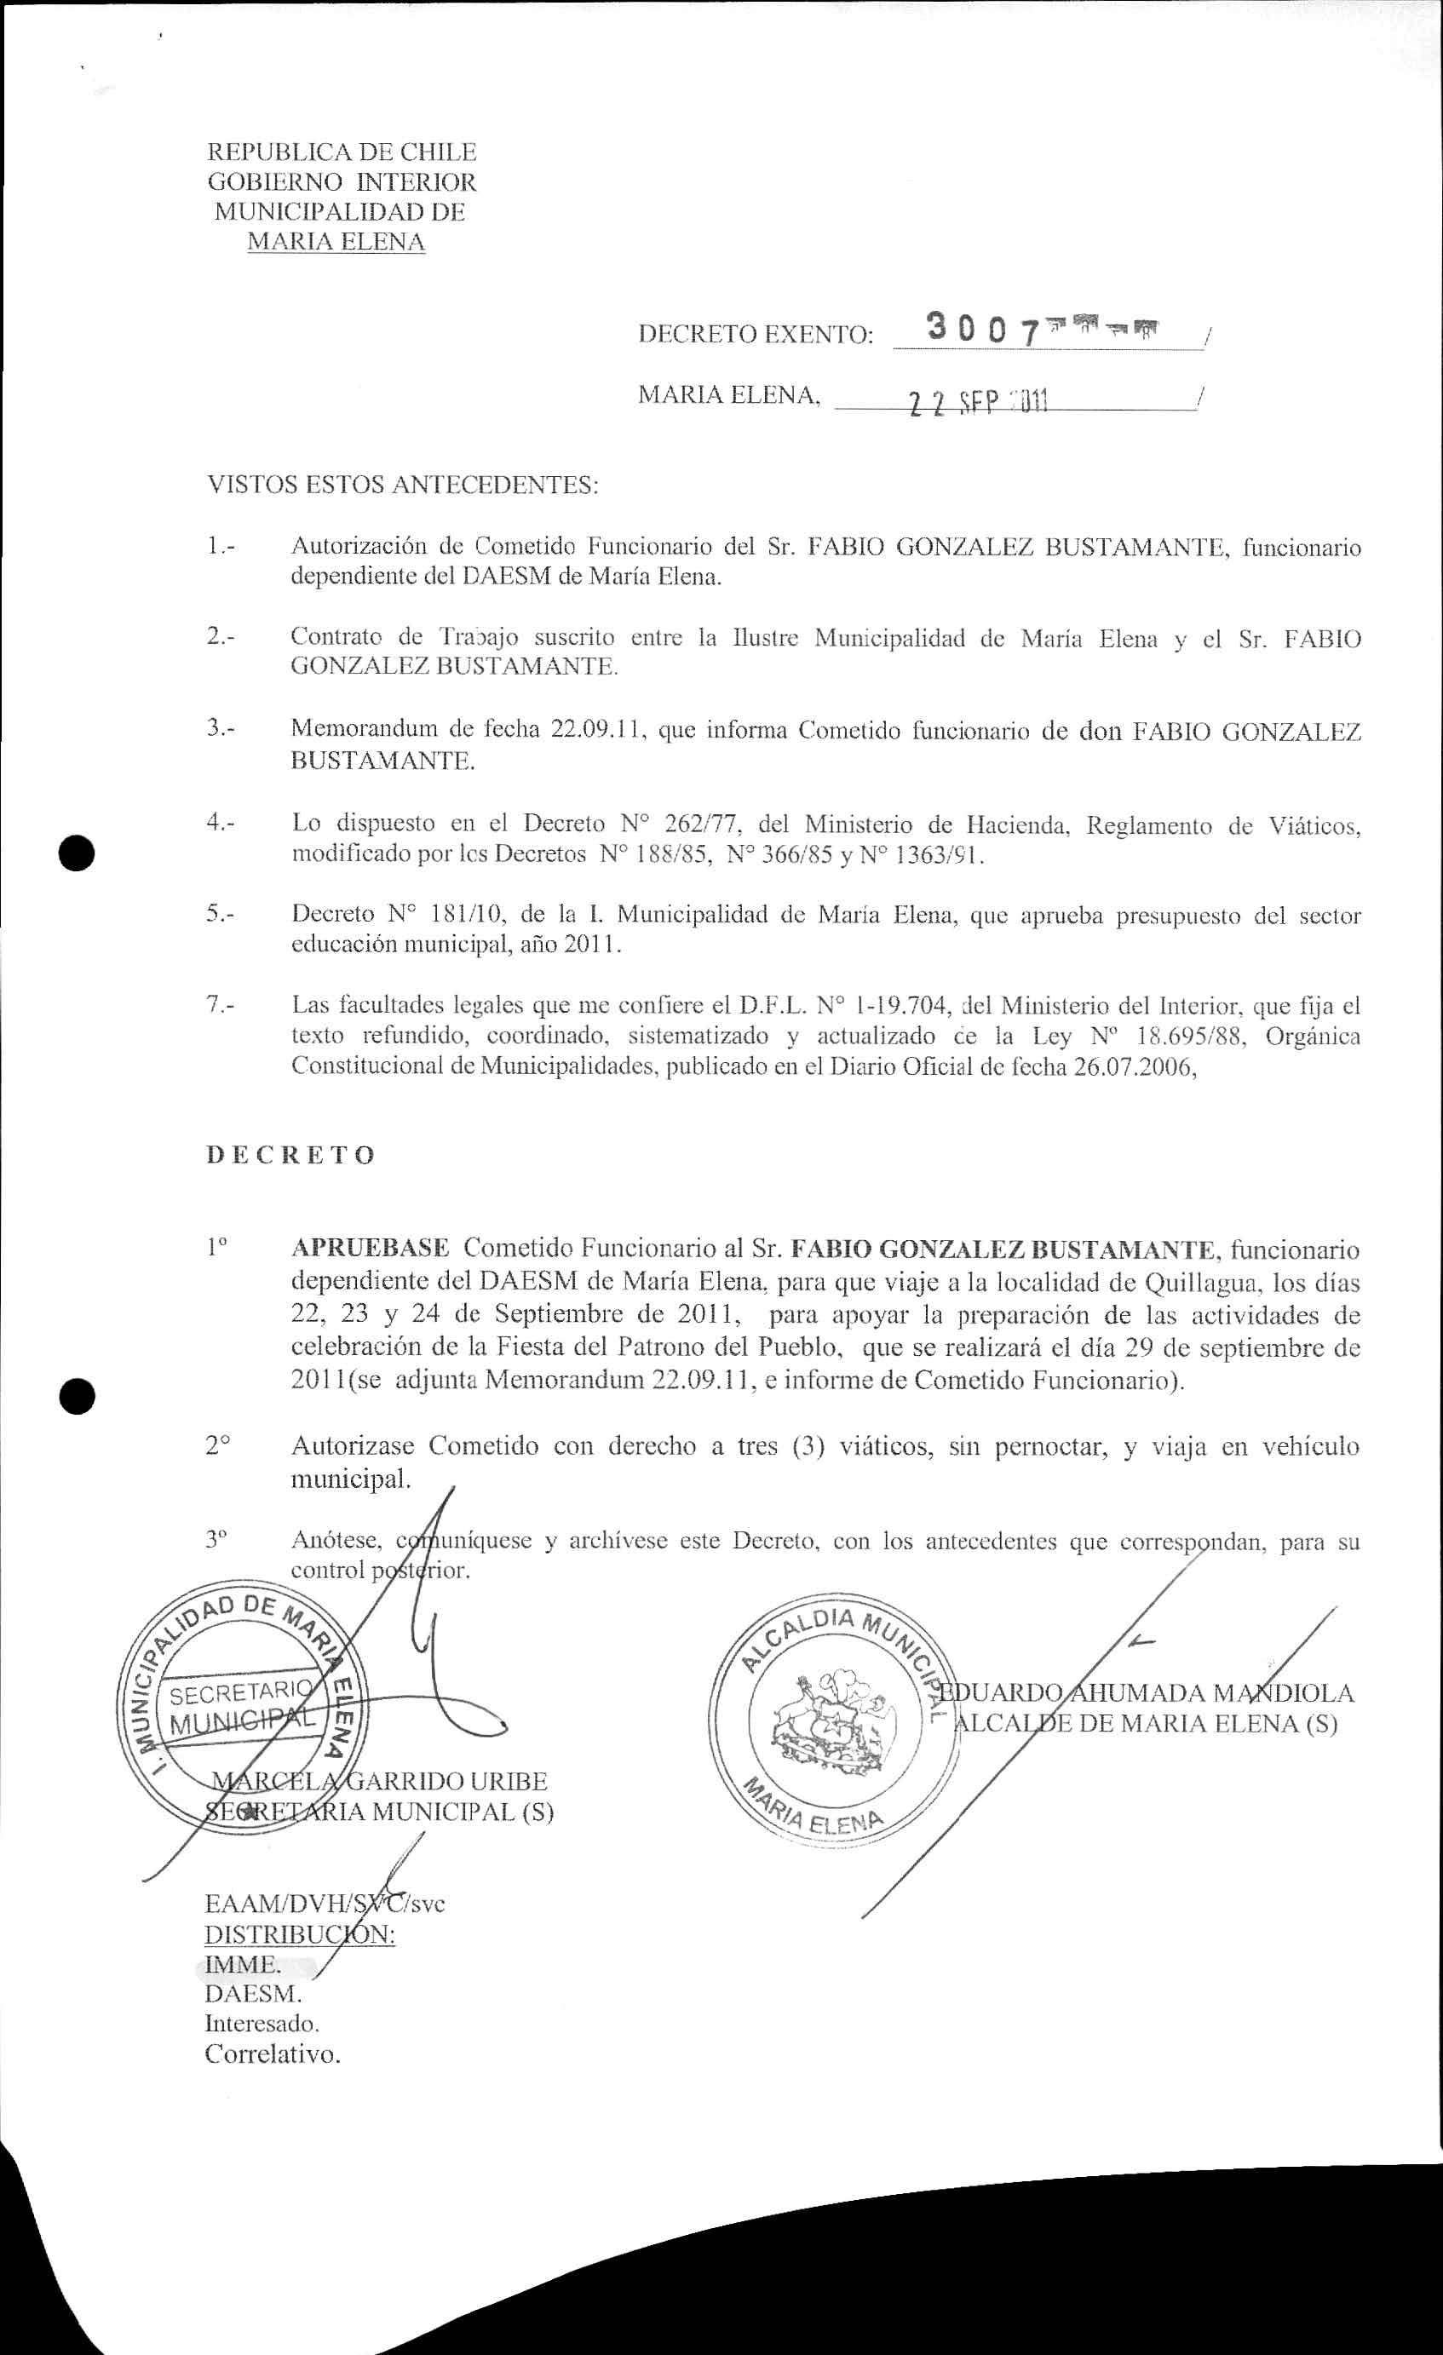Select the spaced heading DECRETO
click(290, 1155)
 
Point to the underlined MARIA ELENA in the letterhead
click(336, 242)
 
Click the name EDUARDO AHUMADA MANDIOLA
click(1147, 1692)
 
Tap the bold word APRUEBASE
click(370, 1249)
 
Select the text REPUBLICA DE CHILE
click(342, 152)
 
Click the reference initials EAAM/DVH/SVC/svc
click(325, 1903)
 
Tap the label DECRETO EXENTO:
click(755, 335)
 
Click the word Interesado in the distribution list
click(262, 2024)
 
